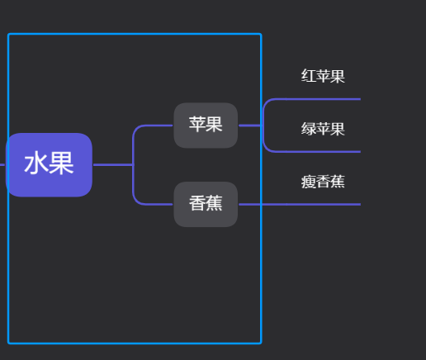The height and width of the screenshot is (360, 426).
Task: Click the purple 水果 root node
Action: tap(49, 164)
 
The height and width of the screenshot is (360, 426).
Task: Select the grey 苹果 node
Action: tap(206, 126)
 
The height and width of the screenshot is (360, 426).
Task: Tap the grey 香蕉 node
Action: tap(206, 203)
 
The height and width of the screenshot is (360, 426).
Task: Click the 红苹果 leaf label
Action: tap(323, 77)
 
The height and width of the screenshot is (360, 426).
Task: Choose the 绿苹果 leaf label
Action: tap(323, 129)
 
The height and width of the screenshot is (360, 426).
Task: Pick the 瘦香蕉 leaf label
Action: tap(323, 182)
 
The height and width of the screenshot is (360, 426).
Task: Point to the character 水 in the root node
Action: tap(36, 164)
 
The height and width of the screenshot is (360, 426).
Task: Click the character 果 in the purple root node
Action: tap(61, 164)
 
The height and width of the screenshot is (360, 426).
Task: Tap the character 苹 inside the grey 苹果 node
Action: tap(197, 125)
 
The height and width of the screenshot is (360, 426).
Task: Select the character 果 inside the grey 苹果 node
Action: tap(214, 125)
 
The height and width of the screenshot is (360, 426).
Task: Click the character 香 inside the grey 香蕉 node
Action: tap(197, 203)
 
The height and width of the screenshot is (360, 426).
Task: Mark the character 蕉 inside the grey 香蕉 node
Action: tap(214, 203)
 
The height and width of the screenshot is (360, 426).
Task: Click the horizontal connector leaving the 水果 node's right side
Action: tap(111, 165)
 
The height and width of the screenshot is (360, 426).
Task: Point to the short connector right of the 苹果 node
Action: tap(249, 126)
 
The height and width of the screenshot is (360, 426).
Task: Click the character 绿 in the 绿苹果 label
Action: tap(309, 129)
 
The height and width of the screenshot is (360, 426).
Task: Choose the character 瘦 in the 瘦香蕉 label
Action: tap(309, 182)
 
